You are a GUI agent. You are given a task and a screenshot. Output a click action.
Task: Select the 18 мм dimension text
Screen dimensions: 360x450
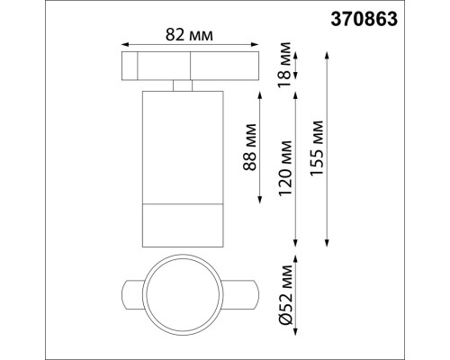283,66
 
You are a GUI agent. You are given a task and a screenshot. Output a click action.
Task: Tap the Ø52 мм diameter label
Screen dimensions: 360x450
285,292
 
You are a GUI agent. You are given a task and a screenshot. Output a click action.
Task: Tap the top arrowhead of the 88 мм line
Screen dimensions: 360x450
260,92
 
